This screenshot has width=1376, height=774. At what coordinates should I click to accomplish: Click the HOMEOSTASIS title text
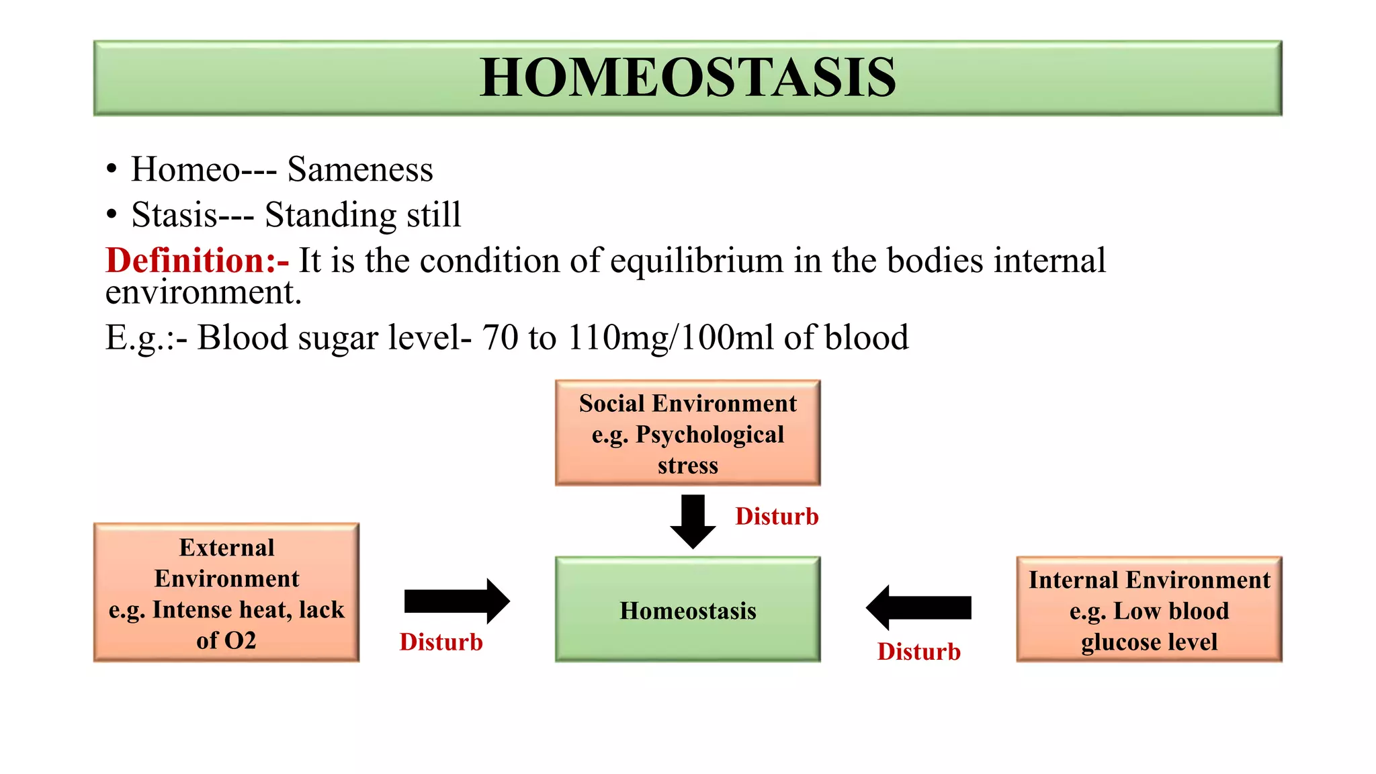(x=687, y=77)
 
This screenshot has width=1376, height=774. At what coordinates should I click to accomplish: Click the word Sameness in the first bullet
(x=360, y=169)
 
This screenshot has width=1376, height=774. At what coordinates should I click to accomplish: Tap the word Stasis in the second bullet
(x=174, y=215)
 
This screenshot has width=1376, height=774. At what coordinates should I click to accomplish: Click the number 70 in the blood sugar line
(x=499, y=337)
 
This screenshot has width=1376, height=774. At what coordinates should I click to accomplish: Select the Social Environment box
(x=687, y=433)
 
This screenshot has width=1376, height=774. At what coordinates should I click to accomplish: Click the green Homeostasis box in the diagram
(x=687, y=609)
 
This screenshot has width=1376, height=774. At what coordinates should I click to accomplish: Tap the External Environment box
(x=226, y=593)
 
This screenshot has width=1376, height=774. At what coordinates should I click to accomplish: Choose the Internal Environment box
(x=1149, y=609)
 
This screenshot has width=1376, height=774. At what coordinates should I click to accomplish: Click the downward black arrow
(x=693, y=521)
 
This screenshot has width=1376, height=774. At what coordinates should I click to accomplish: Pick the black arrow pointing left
(x=918, y=607)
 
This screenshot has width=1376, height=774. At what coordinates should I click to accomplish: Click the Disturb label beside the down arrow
(x=777, y=517)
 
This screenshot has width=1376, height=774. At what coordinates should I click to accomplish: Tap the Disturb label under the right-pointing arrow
(x=441, y=642)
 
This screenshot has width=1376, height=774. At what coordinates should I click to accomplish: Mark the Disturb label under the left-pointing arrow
(x=918, y=652)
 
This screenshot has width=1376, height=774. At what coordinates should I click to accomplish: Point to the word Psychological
(x=709, y=435)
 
